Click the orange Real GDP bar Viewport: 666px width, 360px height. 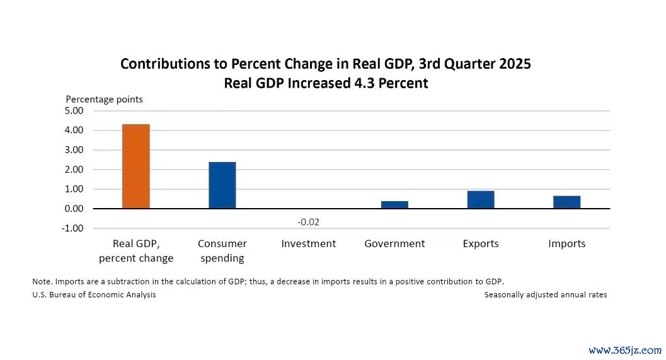(x=136, y=166)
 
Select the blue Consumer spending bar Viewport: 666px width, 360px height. (x=222, y=185)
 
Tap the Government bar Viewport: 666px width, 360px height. (x=394, y=204)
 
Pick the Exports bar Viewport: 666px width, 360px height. (x=481, y=199)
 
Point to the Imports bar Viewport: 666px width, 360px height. (x=566, y=202)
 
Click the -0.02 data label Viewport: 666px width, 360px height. (x=308, y=223)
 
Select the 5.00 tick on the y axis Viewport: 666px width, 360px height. (x=74, y=111)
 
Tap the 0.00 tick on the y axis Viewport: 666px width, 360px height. (x=74, y=209)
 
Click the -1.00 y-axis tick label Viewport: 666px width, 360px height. (x=72, y=228)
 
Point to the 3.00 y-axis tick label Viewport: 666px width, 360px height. (x=74, y=150)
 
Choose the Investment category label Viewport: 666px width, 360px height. (x=309, y=244)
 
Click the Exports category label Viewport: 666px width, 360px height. (x=481, y=244)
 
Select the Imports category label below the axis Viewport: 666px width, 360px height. (x=567, y=244)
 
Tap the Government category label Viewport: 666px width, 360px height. (x=394, y=244)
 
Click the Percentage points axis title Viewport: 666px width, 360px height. (x=105, y=100)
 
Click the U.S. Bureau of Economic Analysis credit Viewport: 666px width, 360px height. (x=95, y=294)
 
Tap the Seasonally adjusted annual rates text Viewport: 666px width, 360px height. (x=546, y=294)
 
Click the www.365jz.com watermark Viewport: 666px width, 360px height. (x=625, y=351)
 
